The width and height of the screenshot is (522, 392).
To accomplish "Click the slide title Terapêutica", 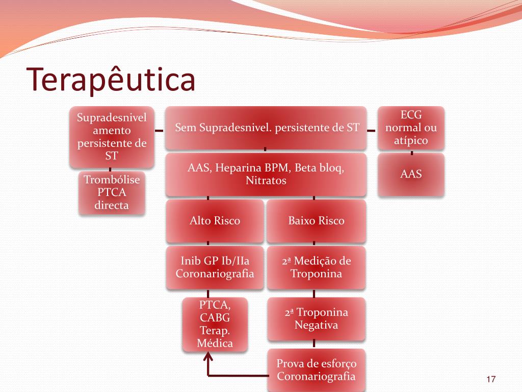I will pos(112,80).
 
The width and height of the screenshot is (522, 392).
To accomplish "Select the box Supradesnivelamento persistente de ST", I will pos(112,137).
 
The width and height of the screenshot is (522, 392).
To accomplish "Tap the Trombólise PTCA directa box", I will pos(112,192).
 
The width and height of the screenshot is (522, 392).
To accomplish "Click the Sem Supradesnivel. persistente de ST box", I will pos(266,128).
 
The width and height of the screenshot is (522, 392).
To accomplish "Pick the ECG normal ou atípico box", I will pos(411,128).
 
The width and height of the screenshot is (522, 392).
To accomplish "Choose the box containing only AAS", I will pos(411,174).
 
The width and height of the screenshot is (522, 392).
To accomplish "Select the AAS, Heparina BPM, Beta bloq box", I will pos(266,174).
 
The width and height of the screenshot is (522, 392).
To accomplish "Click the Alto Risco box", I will pos(215,220).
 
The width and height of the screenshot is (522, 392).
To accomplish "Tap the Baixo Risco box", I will pos(316,220).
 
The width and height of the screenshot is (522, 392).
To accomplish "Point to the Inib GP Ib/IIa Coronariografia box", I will pos(215,267).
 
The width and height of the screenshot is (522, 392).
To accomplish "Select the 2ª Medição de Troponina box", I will pos(316,267).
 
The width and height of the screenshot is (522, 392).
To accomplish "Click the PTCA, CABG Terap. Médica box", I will pos(215,324).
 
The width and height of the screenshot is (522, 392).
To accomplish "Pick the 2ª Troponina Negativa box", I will pos(316,318).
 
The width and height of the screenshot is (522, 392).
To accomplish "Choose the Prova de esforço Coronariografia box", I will pos(316,370).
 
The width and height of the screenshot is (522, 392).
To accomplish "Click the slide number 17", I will pos(491,379).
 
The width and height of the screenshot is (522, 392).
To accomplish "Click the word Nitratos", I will pos(266,181).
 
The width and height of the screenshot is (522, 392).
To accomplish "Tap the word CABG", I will pos(215,317).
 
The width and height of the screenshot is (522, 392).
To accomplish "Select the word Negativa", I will pos(316,325).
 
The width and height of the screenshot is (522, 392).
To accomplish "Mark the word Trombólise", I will pos(112,180).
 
